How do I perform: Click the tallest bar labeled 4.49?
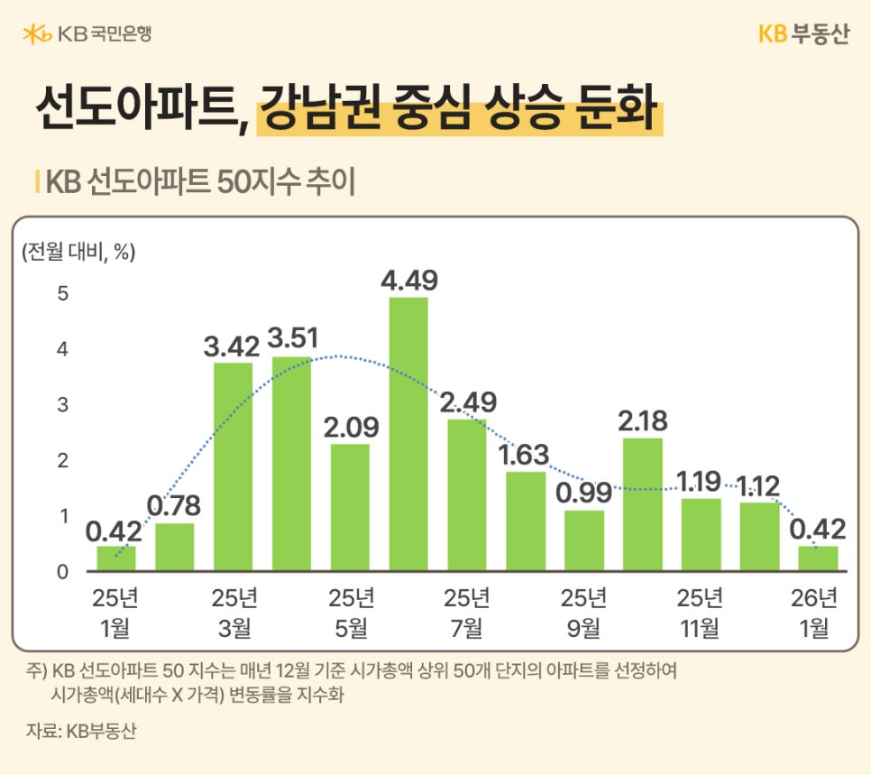[408, 434]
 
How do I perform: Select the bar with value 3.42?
[233, 466]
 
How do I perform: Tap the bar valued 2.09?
[350, 507]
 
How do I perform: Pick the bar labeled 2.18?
[642, 504]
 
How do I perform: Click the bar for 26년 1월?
[818, 558]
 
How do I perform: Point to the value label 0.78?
[174, 505]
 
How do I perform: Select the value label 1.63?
[525, 454]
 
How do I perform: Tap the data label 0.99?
[583, 493]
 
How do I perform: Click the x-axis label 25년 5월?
[350, 614]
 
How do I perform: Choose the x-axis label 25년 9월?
[583, 614]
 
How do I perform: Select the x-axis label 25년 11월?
[701, 614]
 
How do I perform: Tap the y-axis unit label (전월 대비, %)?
[78, 253]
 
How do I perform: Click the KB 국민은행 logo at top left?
[87, 34]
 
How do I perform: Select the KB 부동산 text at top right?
[802, 34]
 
